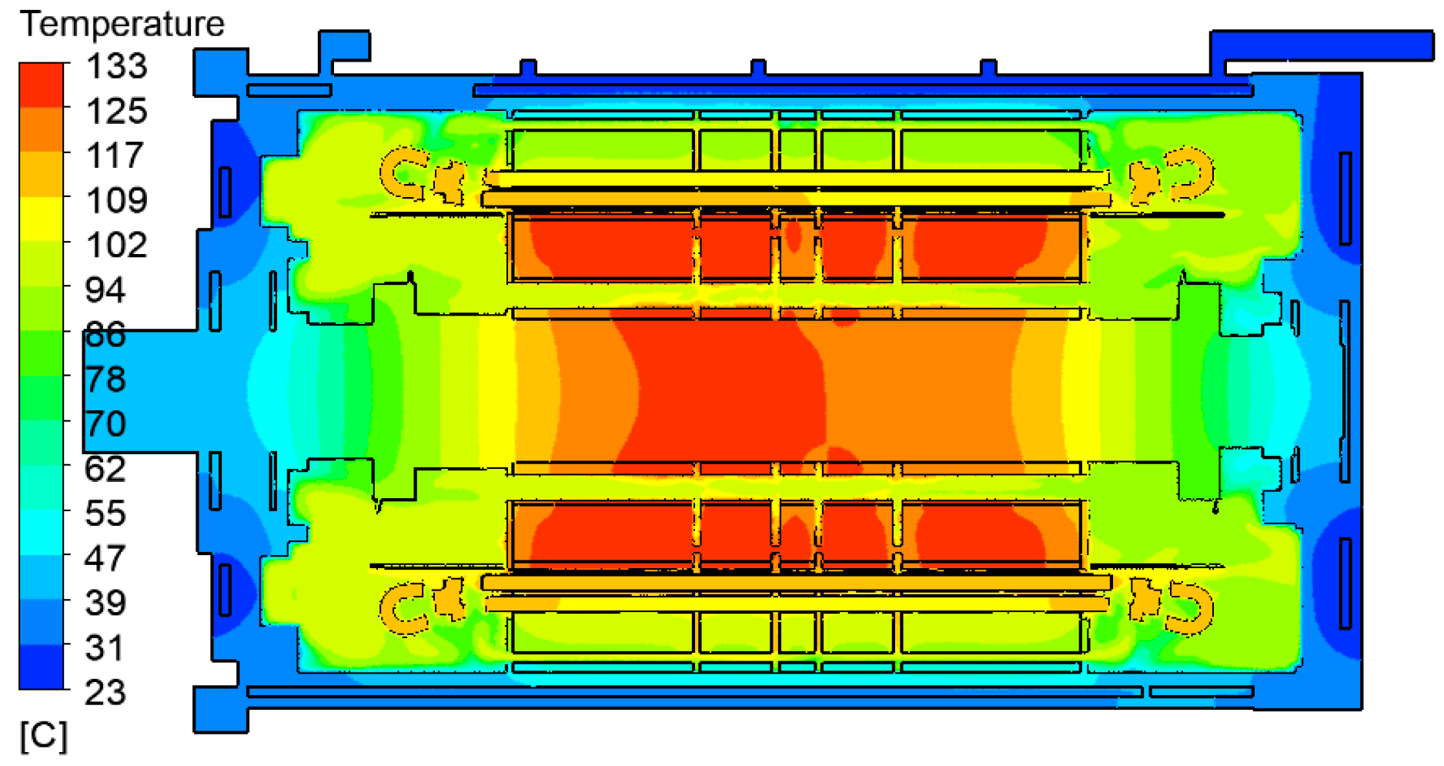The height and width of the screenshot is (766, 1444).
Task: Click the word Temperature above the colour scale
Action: (x=122, y=24)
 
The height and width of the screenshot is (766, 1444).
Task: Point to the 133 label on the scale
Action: (x=116, y=66)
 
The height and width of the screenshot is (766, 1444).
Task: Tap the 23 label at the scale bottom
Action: (x=105, y=693)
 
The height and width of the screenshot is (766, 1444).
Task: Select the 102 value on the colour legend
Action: (x=116, y=246)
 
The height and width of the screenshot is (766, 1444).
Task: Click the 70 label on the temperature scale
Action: (x=105, y=424)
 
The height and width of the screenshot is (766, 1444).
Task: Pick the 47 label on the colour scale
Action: (x=105, y=558)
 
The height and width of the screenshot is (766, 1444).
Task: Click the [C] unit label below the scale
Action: (x=44, y=736)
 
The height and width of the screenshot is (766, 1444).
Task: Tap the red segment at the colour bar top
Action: (x=42, y=85)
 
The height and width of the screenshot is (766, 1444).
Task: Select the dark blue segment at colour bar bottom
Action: (x=42, y=667)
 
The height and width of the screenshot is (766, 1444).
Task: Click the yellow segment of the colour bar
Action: (x=42, y=219)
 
